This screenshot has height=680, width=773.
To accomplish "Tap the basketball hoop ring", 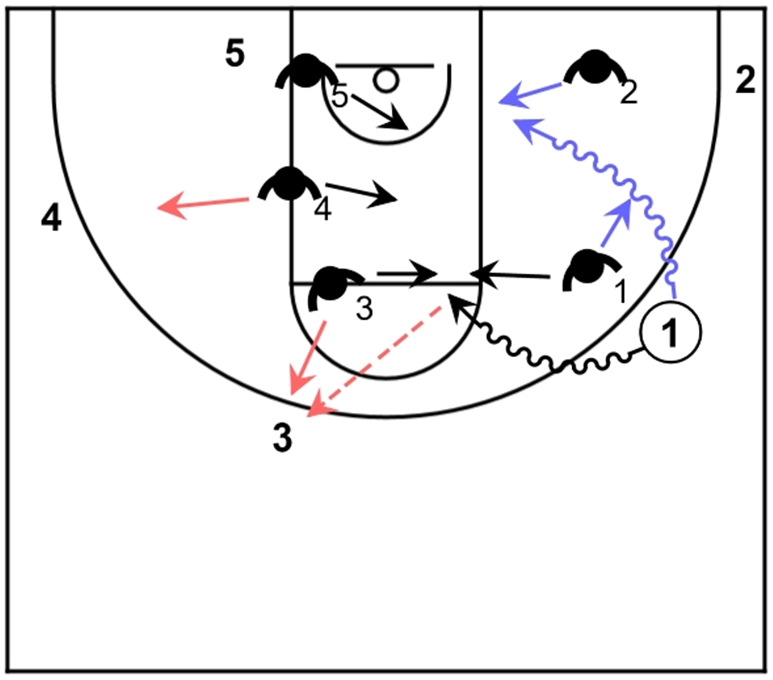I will [386, 81].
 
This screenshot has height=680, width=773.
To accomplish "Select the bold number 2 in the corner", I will [745, 81].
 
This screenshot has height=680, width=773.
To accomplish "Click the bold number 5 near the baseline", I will [235, 55].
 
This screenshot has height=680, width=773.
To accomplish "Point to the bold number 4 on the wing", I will [51, 219].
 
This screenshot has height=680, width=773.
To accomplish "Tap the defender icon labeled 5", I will [304, 72].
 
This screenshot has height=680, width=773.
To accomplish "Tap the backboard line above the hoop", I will [384, 66].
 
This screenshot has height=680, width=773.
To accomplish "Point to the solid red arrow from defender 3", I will [308, 355].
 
